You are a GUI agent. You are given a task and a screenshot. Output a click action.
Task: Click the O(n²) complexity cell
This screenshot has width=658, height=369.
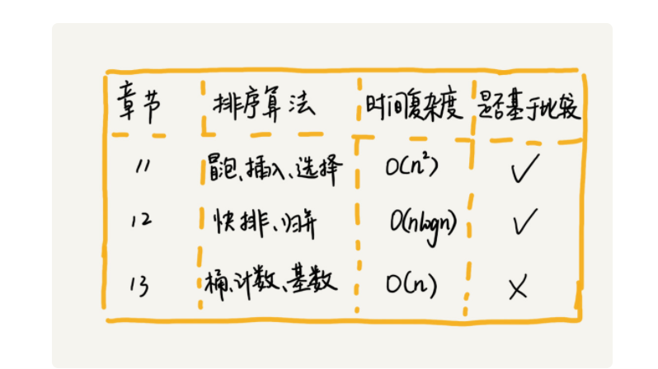click(x=411, y=168)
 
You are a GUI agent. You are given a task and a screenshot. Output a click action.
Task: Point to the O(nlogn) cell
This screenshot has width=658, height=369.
click(x=422, y=222)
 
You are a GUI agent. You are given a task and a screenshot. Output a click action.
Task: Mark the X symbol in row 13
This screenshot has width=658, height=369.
click(x=519, y=287)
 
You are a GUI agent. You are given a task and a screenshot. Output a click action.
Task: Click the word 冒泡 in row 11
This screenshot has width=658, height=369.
click(x=223, y=169)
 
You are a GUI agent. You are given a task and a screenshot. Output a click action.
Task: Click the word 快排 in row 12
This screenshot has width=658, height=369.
click(x=230, y=222)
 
